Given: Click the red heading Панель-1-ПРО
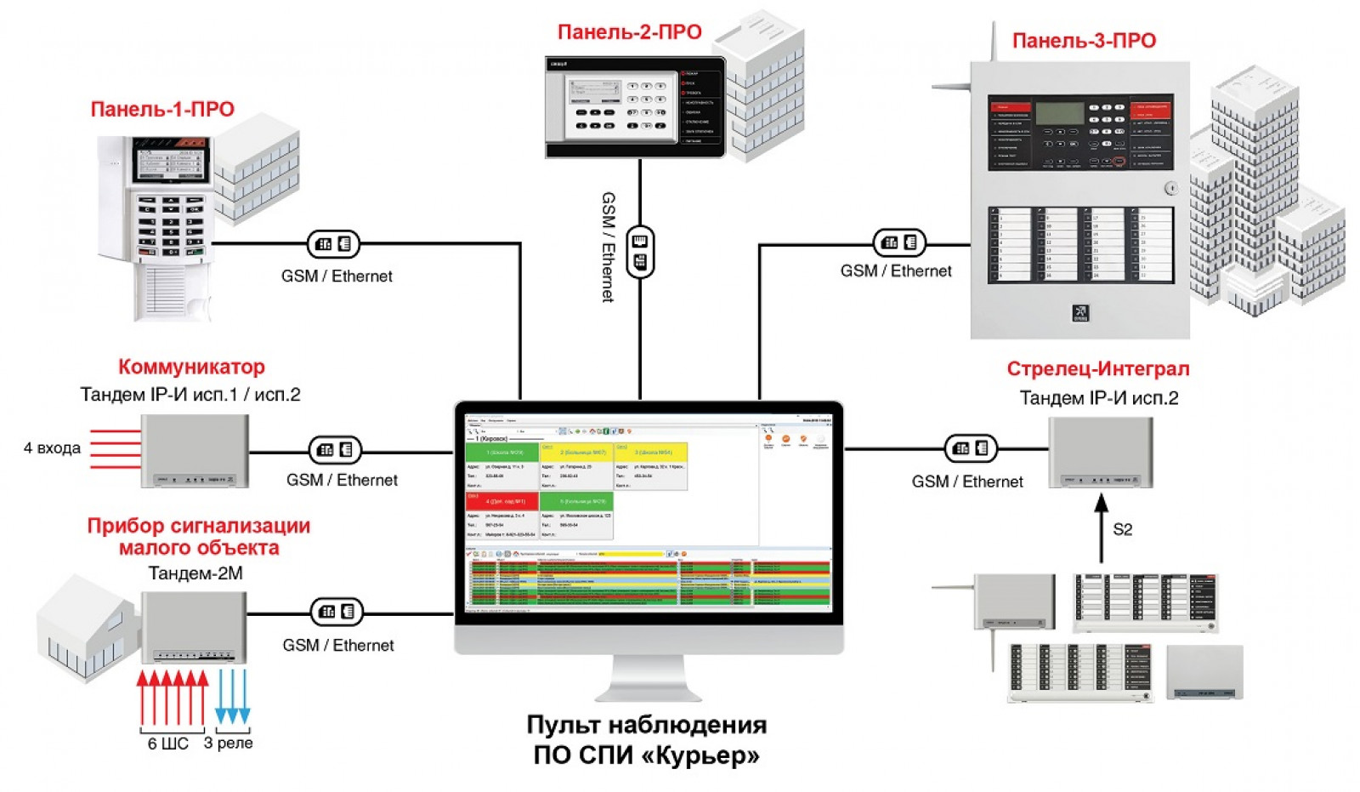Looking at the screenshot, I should click(x=161, y=109).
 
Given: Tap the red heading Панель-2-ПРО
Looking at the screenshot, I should click(x=629, y=32).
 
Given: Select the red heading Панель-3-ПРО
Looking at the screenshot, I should click(x=1084, y=41).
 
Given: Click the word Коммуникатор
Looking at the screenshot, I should click(x=191, y=367).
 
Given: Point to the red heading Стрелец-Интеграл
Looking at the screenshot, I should click(x=1097, y=369).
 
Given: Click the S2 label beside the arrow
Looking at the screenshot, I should click(x=1122, y=529).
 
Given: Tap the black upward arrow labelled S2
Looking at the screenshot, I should click(x=1102, y=527).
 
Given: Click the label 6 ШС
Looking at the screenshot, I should click(x=167, y=744).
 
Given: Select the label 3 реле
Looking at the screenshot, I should click(x=229, y=743).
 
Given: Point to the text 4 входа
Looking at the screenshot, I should click(x=52, y=447).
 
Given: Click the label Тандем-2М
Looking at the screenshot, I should click(x=195, y=573).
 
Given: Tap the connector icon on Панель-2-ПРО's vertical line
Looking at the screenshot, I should click(x=640, y=252).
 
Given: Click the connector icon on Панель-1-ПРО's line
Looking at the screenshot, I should click(x=333, y=244).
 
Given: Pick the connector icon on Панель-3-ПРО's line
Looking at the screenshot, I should click(x=899, y=242).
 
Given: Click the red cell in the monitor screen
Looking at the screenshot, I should click(x=501, y=501).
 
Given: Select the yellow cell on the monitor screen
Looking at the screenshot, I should click(x=575, y=452).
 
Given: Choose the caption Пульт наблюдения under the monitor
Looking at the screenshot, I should click(x=646, y=725).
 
